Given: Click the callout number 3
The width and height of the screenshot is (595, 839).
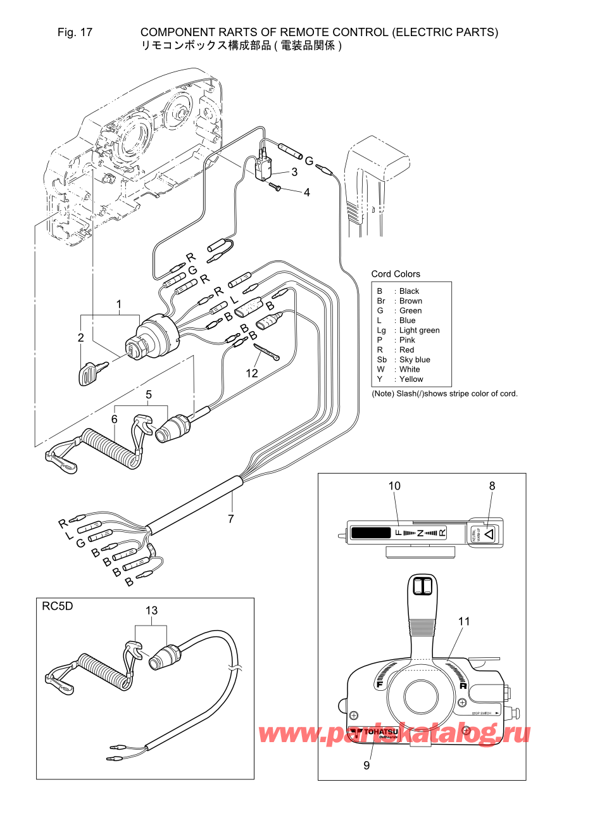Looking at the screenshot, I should pos(294,172).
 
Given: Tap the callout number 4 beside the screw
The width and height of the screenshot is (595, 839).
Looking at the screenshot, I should pos(307,192).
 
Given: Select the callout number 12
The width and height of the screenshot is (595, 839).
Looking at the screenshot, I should pos(252,374).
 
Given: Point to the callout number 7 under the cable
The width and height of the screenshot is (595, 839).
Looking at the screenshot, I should pos(231,519).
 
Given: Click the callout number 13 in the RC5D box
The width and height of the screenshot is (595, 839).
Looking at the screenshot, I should pos(151,611).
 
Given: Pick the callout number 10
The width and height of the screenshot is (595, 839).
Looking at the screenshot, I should pos(394,486).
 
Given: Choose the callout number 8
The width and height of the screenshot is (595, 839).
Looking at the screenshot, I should pos(492,486).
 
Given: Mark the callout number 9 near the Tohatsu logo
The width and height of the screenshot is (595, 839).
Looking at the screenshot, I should pos(366,766).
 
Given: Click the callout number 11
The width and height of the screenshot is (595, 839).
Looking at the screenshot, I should pos(464,622).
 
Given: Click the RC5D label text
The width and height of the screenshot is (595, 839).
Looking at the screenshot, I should pos(57,607).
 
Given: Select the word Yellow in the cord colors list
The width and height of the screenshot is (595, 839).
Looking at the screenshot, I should pos(411,379).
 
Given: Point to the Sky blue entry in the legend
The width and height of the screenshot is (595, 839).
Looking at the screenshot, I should pos(415,360).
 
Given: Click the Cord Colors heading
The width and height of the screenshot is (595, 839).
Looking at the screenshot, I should pos(396,274).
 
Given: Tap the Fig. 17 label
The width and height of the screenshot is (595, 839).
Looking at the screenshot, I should pos(75,32).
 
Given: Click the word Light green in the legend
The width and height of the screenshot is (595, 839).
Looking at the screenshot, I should pos(419,331).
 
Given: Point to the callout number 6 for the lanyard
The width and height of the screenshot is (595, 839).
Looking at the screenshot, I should pos(115,420).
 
